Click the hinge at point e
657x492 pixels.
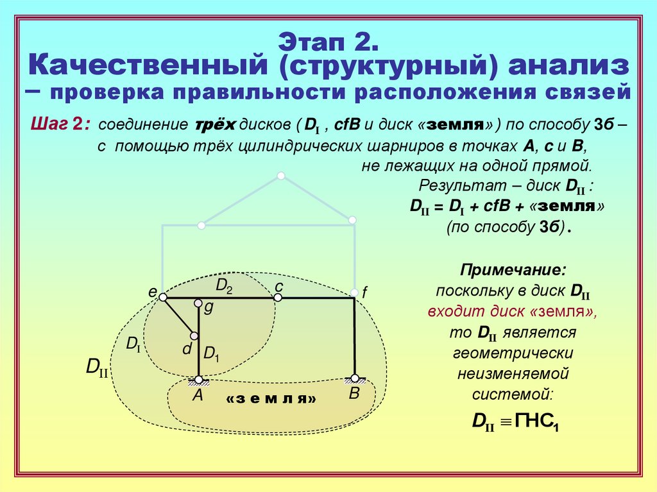pyautogui.click(x=163, y=298)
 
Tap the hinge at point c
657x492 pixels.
pyautogui.click(x=278, y=298)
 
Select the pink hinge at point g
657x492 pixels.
pyautogui.click(x=198, y=303)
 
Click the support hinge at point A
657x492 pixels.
pyautogui.click(x=199, y=379)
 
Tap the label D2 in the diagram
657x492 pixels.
pyautogui.click(x=224, y=286)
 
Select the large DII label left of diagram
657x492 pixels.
pyautogui.click(x=97, y=369)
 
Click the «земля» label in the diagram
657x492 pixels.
pyautogui.click(x=271, y=399)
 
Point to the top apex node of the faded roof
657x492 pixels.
pyautogui.click(x=280, y=175)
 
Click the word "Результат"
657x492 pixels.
pyautogui.click(x=452, y=186)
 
